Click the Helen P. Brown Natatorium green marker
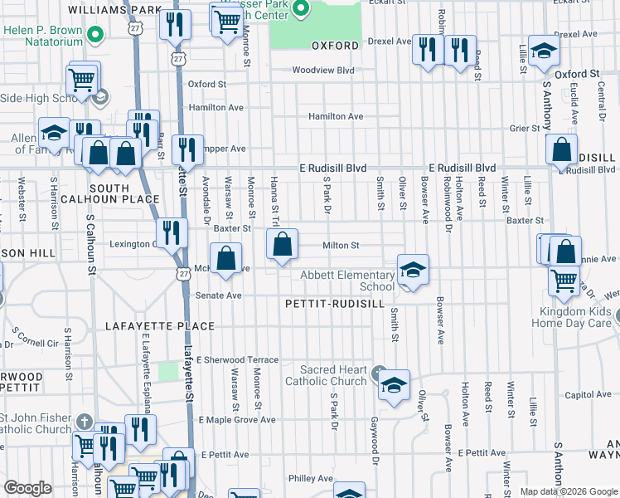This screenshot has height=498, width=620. [x=95, y=35]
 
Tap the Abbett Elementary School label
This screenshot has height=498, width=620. [x=347, y=281]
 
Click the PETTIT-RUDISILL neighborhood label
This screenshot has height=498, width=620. [x=335, y=305]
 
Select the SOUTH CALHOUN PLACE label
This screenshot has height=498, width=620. [x=124, y=193]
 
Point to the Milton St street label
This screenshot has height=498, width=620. [x=340, y=246]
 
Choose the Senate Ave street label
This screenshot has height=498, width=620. [x=218, y=295]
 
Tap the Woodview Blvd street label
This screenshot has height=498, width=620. [x=322, y=71]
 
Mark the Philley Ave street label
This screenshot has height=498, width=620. [x=310, y=479]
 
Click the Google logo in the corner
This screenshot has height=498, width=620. [x=28, y=489]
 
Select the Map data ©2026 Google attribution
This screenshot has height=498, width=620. [x=568, y=491]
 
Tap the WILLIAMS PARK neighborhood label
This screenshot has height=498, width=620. [x=114, y=10]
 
